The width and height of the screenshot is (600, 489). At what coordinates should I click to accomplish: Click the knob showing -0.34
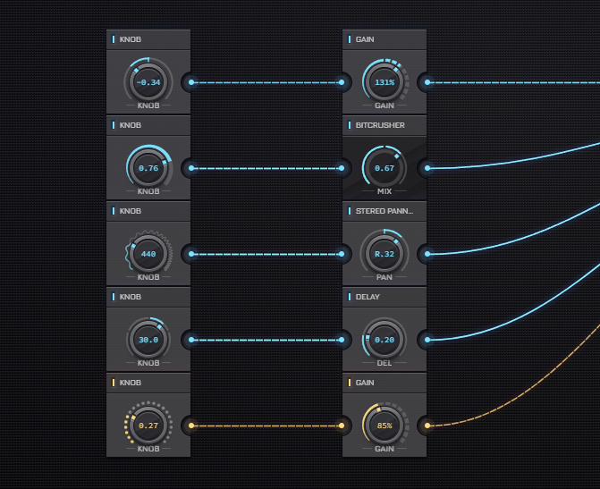(148, 82)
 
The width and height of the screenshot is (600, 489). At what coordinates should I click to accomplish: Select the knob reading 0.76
(148, 168)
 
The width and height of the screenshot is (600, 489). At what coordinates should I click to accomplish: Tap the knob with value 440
(148, 254)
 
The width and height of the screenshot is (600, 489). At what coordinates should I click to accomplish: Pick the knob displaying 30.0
(148, 340)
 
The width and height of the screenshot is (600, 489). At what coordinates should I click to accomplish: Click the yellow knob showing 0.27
(148, 426)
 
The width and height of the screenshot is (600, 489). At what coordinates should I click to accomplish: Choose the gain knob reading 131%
(385, 82)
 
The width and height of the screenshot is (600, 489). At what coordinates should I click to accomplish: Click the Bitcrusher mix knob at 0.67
(385, 168)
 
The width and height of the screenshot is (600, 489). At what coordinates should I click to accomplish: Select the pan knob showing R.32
(385, 254)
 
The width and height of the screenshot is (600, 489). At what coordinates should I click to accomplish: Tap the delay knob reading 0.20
(385, 340)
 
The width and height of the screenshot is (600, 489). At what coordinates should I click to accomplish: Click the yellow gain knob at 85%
(385, 426)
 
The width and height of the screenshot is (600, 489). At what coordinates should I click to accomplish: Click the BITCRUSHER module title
(380, 125)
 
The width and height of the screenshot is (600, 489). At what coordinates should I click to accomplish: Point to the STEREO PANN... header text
(385, 211)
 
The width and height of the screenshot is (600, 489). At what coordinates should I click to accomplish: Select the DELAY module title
(368, 297)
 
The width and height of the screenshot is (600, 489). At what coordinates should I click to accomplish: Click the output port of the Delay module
(427, 340)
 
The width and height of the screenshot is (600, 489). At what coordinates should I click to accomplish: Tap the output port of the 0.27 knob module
(191, 426)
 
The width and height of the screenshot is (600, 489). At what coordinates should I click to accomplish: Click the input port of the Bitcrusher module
(342, 168)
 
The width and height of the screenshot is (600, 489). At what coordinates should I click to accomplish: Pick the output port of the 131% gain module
(427, 82)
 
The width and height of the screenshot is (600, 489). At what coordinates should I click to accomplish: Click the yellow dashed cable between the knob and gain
(266, 426)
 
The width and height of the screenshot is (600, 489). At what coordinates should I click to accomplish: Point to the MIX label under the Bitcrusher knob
(385, 191)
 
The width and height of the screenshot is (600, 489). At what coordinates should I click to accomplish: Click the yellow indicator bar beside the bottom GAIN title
(350, 383)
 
